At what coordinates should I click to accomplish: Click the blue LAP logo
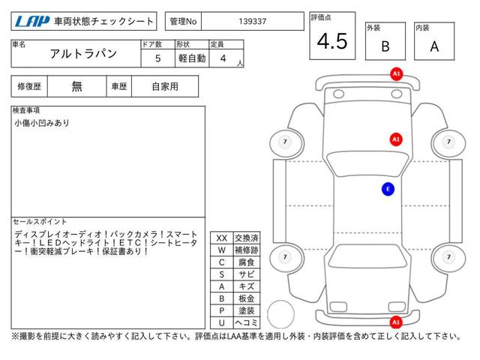(x=32, y=22)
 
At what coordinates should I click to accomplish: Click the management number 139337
(x=253, y=22)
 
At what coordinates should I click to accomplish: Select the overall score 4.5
(x=332, y=41)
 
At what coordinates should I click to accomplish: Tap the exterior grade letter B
(x=385, y=46)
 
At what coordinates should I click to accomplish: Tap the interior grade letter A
(x=434, y=46)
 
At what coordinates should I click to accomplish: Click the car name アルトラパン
(x=83, y=53)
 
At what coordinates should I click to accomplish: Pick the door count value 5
(x=158, y=58)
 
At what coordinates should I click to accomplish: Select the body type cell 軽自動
(x=192, y=58)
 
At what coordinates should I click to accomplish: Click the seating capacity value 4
(x=223, y=58)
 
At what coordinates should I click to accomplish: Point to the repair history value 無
(x=76, y=87)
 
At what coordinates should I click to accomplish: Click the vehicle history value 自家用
(x=165, y=87)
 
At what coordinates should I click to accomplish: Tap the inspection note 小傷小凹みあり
(x=42, y=123)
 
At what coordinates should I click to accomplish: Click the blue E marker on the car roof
(x=388, y=189)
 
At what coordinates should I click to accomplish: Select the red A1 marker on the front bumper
(x=397, y=74)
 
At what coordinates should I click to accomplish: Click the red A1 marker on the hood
(x=396, y=139)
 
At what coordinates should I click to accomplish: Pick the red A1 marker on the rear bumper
(x=396, y=322)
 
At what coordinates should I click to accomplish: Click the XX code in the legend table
(x=222, y=238)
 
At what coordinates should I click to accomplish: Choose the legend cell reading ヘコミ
(x=247, y=322)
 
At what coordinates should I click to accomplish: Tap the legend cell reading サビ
(x=247, y=274)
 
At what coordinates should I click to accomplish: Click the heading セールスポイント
(x=40, y=222)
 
